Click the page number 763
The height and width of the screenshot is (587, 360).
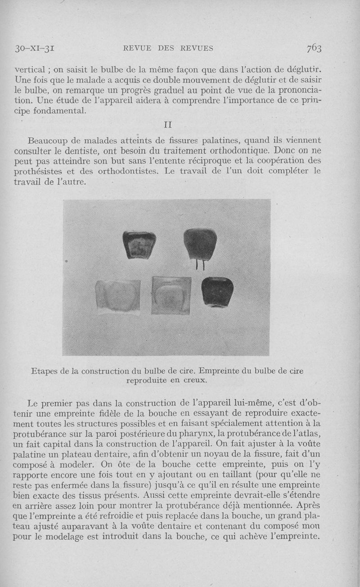click(x=314, y=48)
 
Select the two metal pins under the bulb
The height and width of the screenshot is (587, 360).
click(x=200, y=265)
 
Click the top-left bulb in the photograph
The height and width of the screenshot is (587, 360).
click(x=139, y=244)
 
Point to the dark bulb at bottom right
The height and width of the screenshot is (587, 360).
click(x=217, y=291)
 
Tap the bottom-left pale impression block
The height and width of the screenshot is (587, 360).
click(x=118, y=296)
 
